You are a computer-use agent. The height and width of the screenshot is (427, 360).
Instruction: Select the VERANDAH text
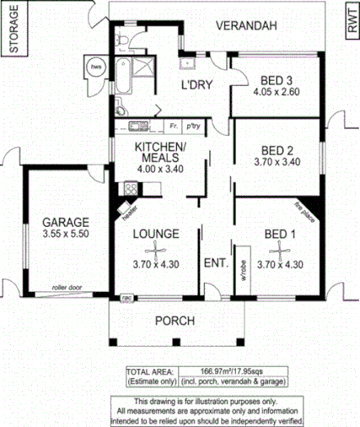(x=245, y=27)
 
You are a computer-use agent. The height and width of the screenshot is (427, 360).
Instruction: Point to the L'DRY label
(x=198, y=84)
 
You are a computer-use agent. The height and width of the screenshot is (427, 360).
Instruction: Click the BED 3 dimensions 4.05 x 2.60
(x=276, y=94)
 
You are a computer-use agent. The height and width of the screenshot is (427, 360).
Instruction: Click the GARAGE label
(x=64, y=223)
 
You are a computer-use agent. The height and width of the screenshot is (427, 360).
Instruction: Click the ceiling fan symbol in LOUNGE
(x=156, y=251)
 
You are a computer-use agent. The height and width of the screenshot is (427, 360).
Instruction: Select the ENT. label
(x=215, y=263)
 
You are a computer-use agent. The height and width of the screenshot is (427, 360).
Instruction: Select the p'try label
(x=193, y=125)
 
